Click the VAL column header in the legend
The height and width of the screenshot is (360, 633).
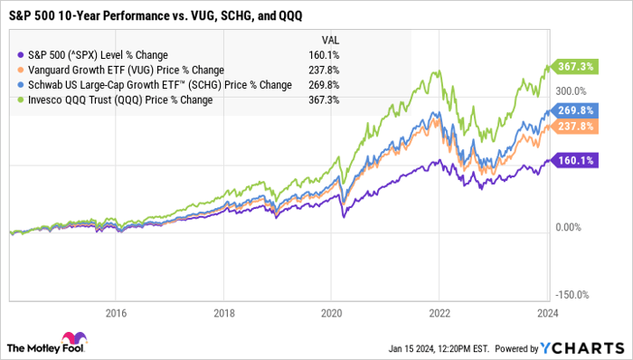[332, 40]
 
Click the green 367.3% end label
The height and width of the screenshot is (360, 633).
[573, 67]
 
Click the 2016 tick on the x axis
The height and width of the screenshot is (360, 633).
[116, 314]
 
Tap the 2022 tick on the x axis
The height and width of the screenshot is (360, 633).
[439, 314]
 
